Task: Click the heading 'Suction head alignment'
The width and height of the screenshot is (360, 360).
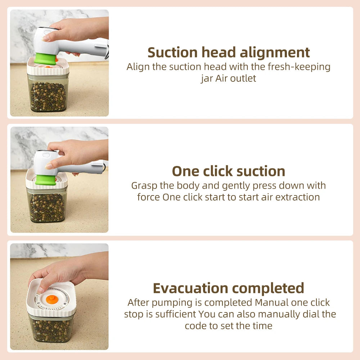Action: tap(229, 53)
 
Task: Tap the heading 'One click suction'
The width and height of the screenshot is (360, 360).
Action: tap(229, 171)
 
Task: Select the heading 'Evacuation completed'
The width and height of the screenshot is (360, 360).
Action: tap(229, 288)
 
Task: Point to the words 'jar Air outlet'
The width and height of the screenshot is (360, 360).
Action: tap(229, 78)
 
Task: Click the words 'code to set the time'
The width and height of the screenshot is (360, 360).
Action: tap(229, 326)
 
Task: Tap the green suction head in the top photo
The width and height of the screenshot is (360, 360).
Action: tap(46, 59)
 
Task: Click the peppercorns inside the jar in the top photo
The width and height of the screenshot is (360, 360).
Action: tap(48, 96)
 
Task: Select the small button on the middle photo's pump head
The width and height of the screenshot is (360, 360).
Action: tap(46, 155)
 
